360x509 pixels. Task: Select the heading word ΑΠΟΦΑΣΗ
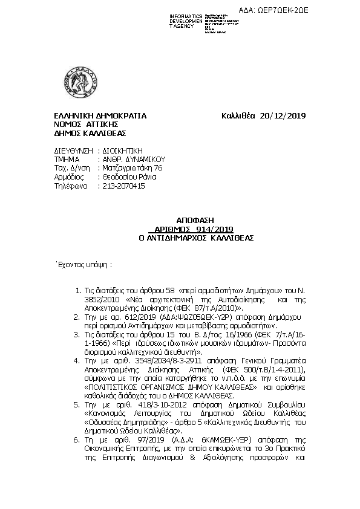[x=178, y=222]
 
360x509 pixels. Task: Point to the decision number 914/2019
[x=197, y=230]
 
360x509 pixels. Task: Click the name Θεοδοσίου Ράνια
[x=128, y=177]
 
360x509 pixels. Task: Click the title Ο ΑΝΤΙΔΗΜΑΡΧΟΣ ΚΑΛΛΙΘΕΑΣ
[x=178, y=238]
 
